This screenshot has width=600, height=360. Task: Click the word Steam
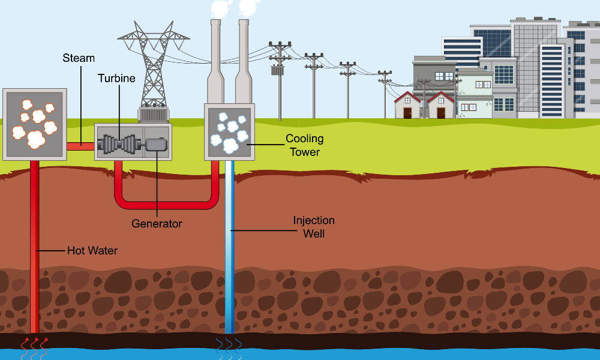tap(79, 58)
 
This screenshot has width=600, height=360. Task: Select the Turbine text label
tap(116, 79)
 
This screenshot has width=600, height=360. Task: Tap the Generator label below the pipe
tap(157, 224)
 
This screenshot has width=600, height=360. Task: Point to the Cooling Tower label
tap(304, 145)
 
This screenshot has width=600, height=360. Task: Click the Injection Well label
tap(313, 227)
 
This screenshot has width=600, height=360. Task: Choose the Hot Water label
tap(92, 250)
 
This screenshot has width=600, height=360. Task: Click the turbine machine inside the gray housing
tap(120, 144)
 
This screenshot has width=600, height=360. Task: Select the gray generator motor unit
tap(156, 144)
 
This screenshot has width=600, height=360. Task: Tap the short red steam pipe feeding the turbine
tap(80, 145)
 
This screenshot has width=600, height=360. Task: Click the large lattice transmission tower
tap(154, 66)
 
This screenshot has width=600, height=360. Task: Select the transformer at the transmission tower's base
tap(154, 114)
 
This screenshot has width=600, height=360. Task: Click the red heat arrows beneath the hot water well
tap(34, 347)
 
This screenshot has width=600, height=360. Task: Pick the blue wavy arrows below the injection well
tap(229, 347)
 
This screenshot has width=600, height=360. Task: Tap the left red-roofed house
tap(407, 106)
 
